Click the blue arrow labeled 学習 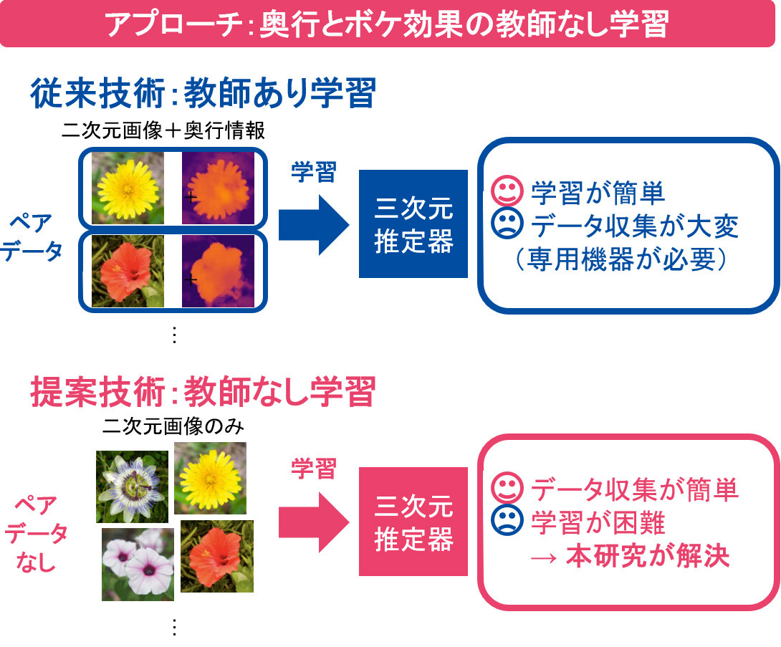pos(312,224)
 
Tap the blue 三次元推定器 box pos(413,224)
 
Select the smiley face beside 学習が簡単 pos(507,191)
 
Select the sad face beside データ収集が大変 pos(507,224)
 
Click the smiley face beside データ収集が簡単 pos(507,489)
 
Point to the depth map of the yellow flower pos(218,188)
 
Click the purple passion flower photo pos(132,486)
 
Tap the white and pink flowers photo pos(138,564)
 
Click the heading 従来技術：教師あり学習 pos(203,92)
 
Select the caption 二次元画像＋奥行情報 pos(164,130)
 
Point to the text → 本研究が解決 pos(631,556)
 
